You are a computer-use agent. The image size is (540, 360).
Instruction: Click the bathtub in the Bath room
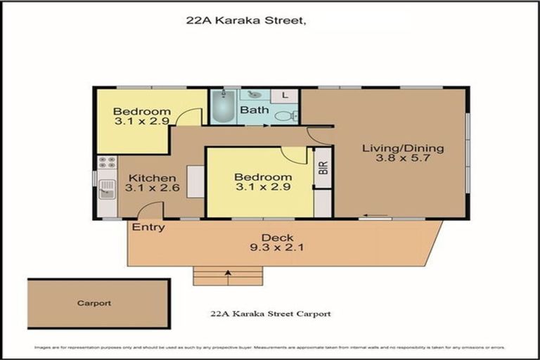click(x=224, y=108)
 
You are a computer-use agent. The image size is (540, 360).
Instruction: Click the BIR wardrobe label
click(x=323, y=169)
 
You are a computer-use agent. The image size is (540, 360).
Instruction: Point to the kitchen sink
click(x=107, y=188)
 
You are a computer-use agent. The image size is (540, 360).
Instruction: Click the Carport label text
click(x=94, y=304)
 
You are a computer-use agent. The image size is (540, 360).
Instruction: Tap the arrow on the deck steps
click(x=227, y=272)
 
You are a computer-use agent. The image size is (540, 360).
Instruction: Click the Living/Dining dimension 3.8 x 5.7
click(x=403, y=160)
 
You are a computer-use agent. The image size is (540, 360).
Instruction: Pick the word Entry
click(x=148, y=227)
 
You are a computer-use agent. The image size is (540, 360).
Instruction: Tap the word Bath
click(x=253, y=110)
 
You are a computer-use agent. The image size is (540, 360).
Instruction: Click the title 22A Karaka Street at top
click(x=246, y=21)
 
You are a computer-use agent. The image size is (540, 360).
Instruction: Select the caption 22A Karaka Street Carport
click(x=271, y=314)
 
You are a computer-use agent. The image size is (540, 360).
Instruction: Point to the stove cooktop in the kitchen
click(x=107, y=165)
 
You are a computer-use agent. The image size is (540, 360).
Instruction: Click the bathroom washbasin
click(x=255, y=94)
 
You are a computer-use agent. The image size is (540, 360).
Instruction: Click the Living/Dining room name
click(x=403, y=148)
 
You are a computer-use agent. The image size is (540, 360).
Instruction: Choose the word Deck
click(x=275, y=237)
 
